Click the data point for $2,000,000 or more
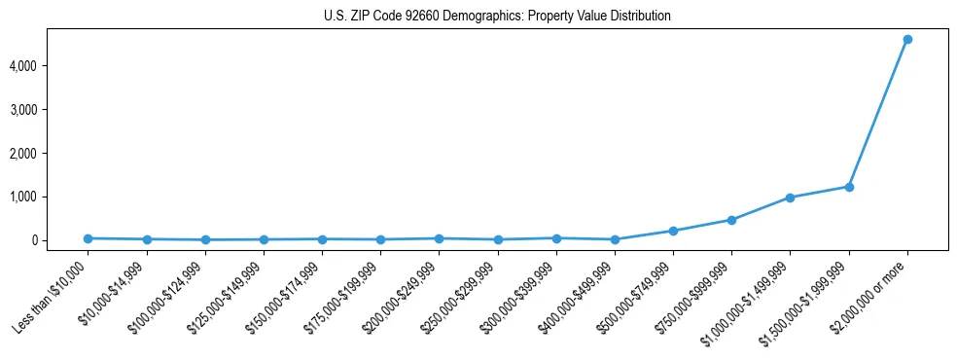click(x=907, y=39)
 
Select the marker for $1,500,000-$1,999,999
click(x=849, y=187)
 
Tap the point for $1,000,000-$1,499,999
click(x=790, y=198)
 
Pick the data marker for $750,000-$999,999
click(x=731, y=220)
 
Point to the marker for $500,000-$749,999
click(x=673, y=231)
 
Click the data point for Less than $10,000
click(x=88, y=238)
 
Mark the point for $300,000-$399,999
click(x=556, y=238)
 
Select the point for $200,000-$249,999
click(x=439, y=238)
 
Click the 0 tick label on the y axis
click(x=59, y=240)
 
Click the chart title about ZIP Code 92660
click(x=497, y=17)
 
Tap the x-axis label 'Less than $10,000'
click(x=51, y=296)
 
